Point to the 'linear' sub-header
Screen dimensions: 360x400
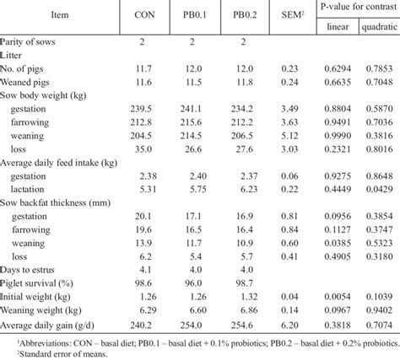coord(338,26)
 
